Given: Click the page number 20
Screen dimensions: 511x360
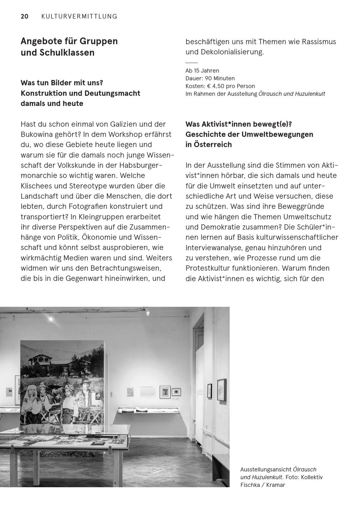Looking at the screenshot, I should [24, 16].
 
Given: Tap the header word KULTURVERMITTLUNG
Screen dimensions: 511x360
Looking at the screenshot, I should [79, 16].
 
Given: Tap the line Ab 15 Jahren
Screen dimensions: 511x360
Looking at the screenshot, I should [202, 71].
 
